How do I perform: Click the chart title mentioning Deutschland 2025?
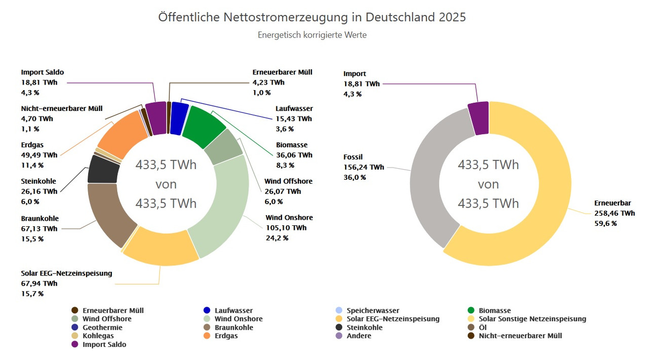point(312,17)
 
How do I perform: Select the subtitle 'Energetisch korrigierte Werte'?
point(312,35)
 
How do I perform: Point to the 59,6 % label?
point(605,223)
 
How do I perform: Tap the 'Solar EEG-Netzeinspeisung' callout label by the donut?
point(66,273)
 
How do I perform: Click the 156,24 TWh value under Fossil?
point(364,167)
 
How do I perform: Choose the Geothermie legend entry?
point(102,328)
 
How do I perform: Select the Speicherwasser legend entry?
point(372,310)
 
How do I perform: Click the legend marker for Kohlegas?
point(75,336)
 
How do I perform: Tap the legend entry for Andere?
point(359,336)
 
